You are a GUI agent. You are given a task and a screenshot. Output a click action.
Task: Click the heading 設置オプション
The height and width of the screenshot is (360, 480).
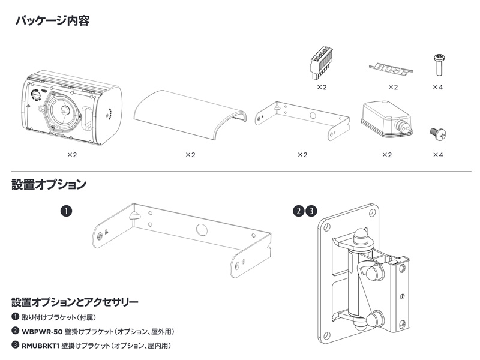[x=48, y=184]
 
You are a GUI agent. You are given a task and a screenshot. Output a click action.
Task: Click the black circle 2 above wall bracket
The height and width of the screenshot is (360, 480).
[x=298, y=211]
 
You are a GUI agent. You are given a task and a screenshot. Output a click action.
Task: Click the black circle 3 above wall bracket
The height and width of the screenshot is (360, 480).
[x=311, y=211]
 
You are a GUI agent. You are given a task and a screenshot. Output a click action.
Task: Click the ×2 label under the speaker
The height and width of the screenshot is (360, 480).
[x=72, y=154]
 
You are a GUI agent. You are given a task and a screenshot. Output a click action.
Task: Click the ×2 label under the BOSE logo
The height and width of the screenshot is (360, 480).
[x=393, y=87]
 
